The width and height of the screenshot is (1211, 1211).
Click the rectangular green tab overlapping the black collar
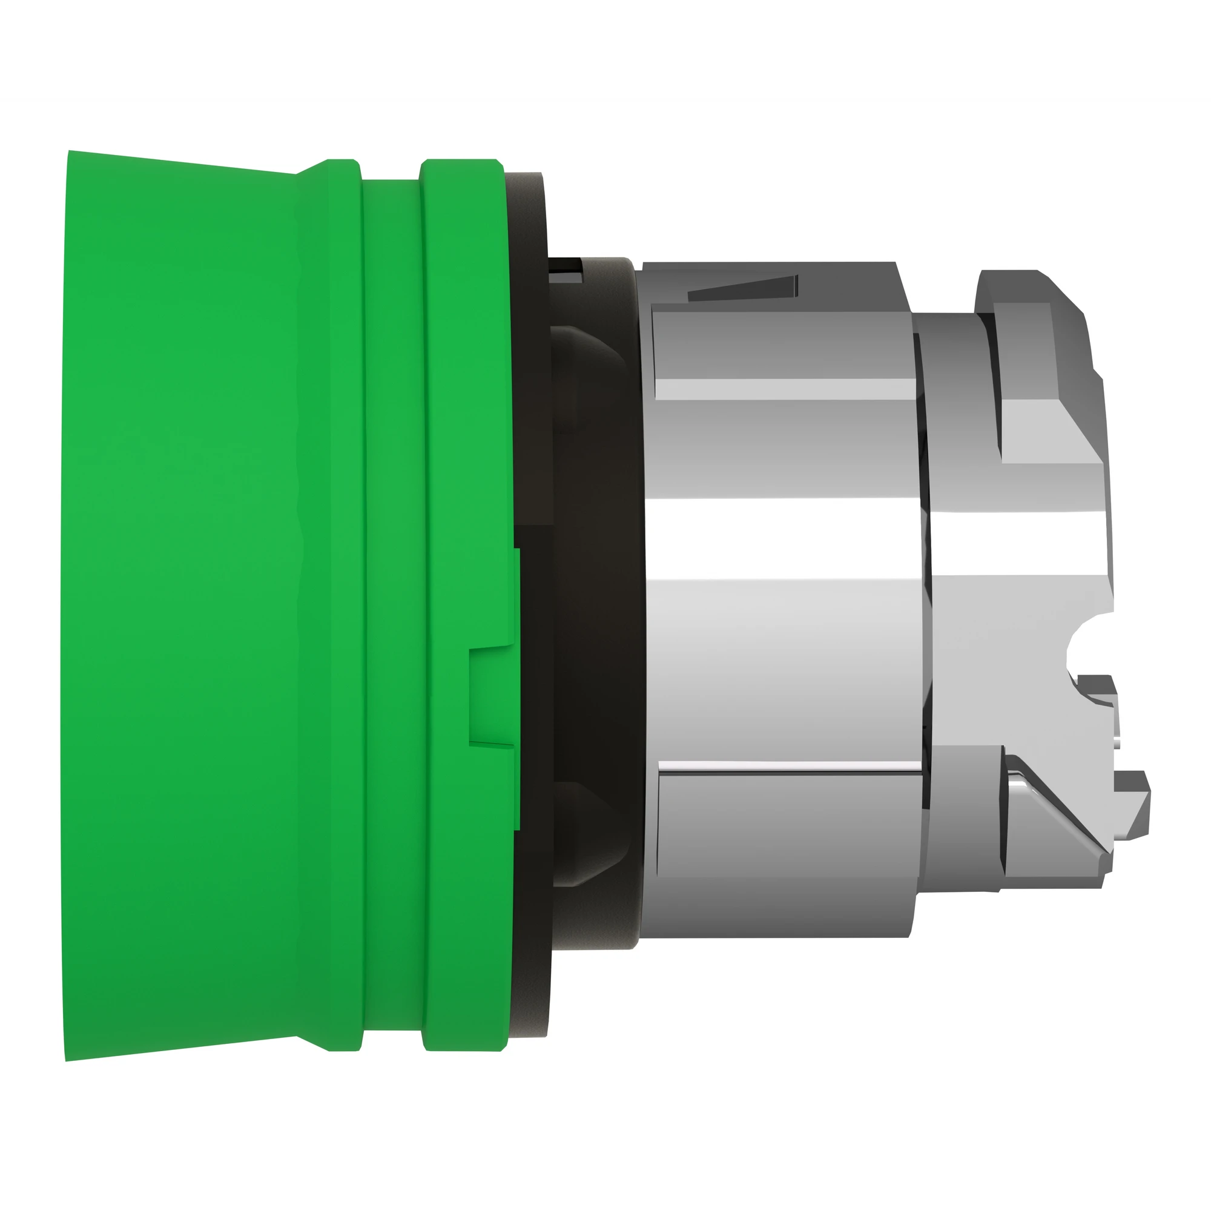pos(493,697)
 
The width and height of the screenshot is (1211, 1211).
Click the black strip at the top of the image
pos(605,47)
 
